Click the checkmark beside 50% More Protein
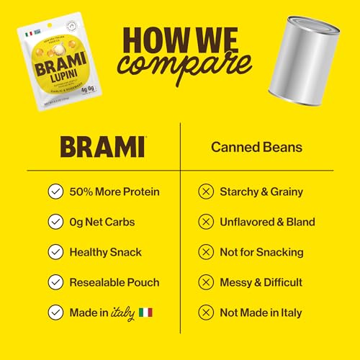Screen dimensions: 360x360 click(54, 192)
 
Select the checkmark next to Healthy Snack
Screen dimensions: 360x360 click(54, 252)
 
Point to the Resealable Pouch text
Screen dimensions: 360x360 click(115, 282)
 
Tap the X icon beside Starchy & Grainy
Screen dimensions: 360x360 click(205, 192)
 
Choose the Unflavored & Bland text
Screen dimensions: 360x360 click(267, 222)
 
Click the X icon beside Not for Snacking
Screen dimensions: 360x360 click(205, 252)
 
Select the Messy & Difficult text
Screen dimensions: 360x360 click(263, 282)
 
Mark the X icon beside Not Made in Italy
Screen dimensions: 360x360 click(205, 312)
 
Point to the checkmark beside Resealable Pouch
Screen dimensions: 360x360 click(54, 282)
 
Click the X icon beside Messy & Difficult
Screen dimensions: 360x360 click(205, 282)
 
